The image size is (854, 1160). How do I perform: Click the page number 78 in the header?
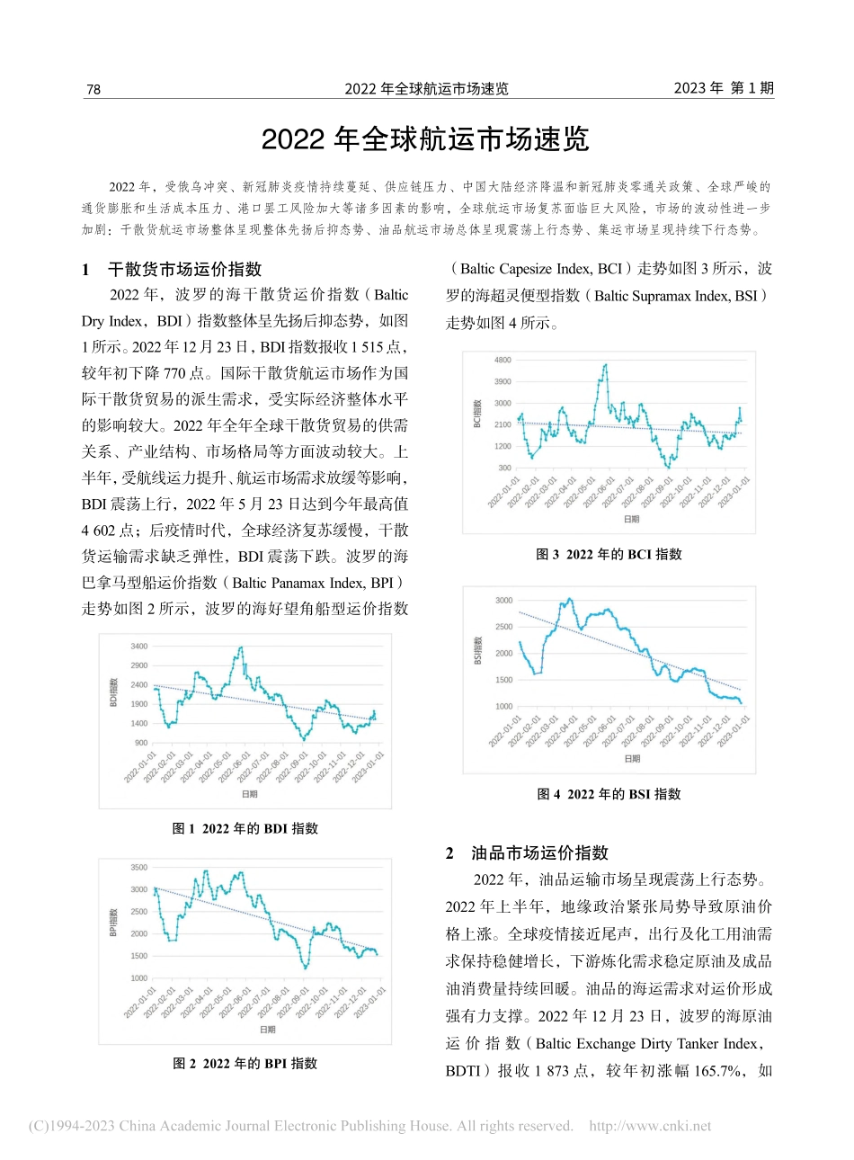93,89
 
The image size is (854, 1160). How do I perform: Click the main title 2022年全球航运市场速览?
425,139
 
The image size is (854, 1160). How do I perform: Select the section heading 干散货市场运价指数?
184,269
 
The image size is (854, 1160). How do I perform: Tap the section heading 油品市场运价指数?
539,853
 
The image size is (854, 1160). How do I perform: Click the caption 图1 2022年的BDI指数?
245,828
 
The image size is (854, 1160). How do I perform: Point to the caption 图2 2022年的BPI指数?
245,1063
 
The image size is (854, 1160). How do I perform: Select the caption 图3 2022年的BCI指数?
609,554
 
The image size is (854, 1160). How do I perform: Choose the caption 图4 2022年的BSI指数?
609,794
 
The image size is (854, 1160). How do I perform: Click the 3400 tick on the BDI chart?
138,647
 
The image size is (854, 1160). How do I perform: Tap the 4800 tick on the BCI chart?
503,360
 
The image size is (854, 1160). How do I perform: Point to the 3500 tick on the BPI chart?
138,868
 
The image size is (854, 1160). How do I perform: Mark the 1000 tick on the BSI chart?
503,707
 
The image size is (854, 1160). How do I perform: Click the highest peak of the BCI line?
606,365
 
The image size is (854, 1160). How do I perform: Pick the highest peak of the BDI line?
240,647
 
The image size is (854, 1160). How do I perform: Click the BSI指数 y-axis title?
477,650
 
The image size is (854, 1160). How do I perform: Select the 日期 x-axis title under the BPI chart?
268,1030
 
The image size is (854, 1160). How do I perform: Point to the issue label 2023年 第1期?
724,88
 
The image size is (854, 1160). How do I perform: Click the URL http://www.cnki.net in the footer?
650,1126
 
